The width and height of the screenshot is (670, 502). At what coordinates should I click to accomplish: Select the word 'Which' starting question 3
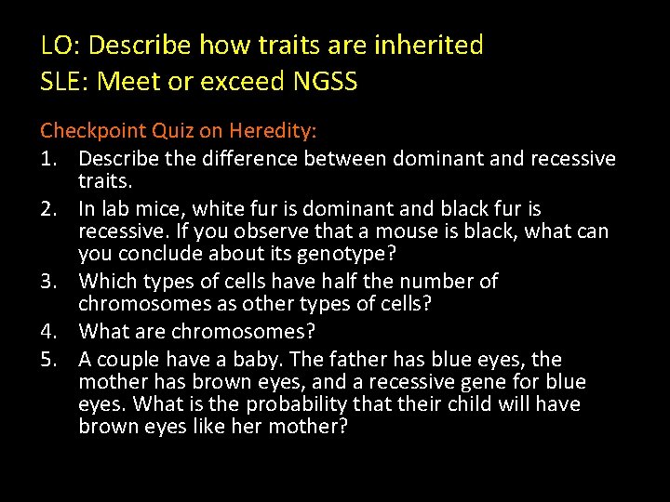pos(106,281)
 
